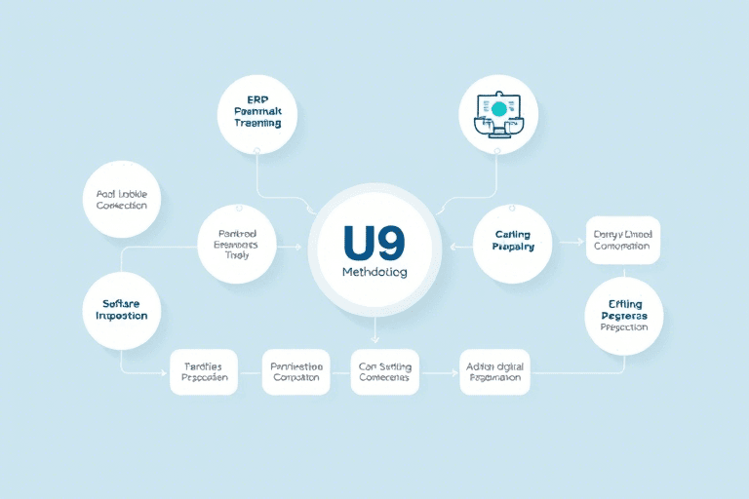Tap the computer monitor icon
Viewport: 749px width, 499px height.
497,114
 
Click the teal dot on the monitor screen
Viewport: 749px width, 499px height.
499,108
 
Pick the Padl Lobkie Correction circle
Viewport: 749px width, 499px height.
123,199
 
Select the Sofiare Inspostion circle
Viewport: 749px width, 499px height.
123,309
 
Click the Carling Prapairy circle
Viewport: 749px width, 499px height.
512,241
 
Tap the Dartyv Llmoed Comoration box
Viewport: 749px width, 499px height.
623,240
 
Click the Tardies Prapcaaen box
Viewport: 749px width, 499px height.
204,372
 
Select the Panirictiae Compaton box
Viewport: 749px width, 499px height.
296,372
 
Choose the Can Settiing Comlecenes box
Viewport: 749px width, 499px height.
384,372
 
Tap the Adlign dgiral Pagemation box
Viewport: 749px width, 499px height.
494,372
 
